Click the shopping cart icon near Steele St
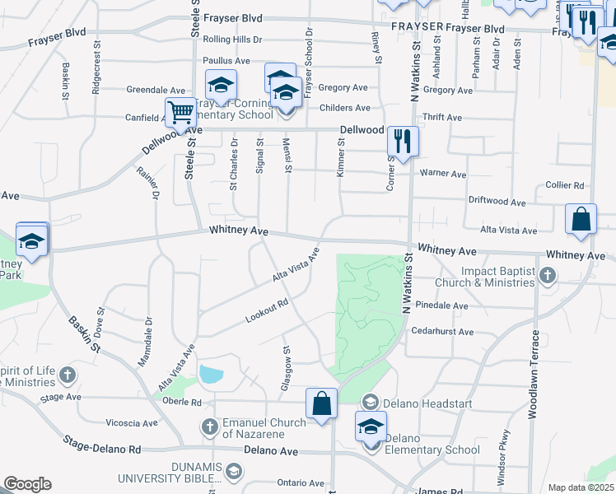[x=180, y=112]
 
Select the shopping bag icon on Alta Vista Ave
[x=581, y=220]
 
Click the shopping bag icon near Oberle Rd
[x=321, y=403]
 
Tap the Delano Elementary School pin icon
[x=371, y=427]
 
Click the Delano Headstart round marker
[x=371, y=402]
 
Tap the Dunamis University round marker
[x=234, y=471]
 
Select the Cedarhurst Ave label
[x=443, y=332]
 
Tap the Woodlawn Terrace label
[x=534, y=375]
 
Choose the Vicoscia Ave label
[x=132, y=423]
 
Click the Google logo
[x=27, y=484]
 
